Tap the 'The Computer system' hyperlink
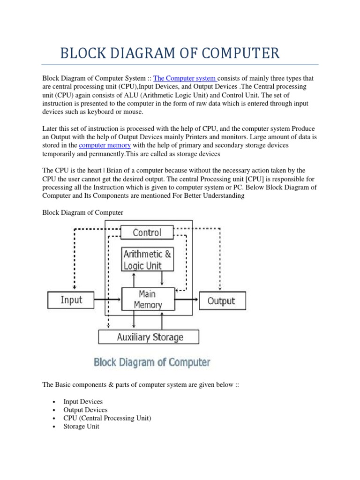[184, 78]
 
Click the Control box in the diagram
[147, 232]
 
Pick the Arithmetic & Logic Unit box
[148, 260]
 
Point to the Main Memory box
[148, 299]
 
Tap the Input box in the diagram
[71, 300]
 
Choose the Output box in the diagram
[221, 300]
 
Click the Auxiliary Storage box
[149, 337]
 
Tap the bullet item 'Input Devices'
[83, 402]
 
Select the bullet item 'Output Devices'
[85, 410]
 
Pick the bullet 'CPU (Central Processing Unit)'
[107, 418]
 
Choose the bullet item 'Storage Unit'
[81, 427]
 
